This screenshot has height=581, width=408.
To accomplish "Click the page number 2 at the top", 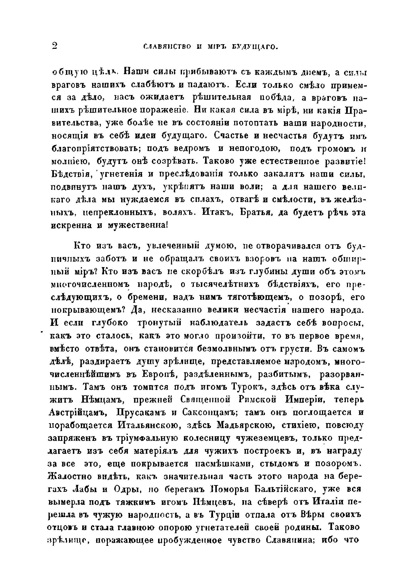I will [54, 46].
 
